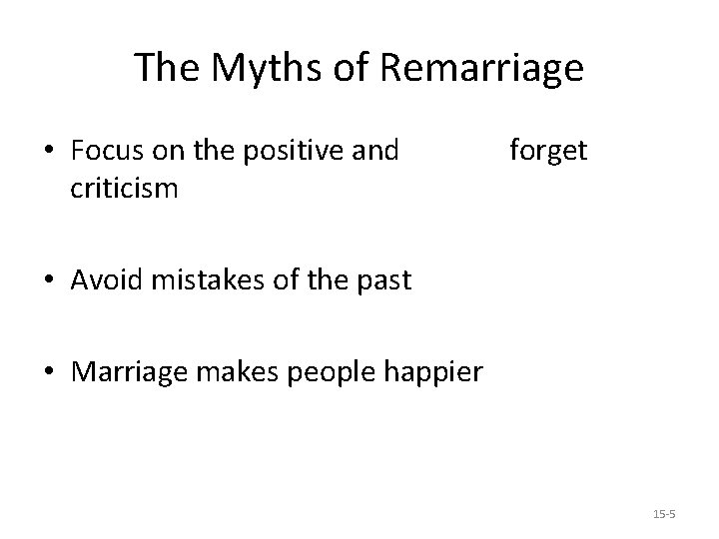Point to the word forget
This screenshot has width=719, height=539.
click(548, 151)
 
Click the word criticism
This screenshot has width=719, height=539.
click(124, 189)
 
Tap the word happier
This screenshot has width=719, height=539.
click(434, 373)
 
